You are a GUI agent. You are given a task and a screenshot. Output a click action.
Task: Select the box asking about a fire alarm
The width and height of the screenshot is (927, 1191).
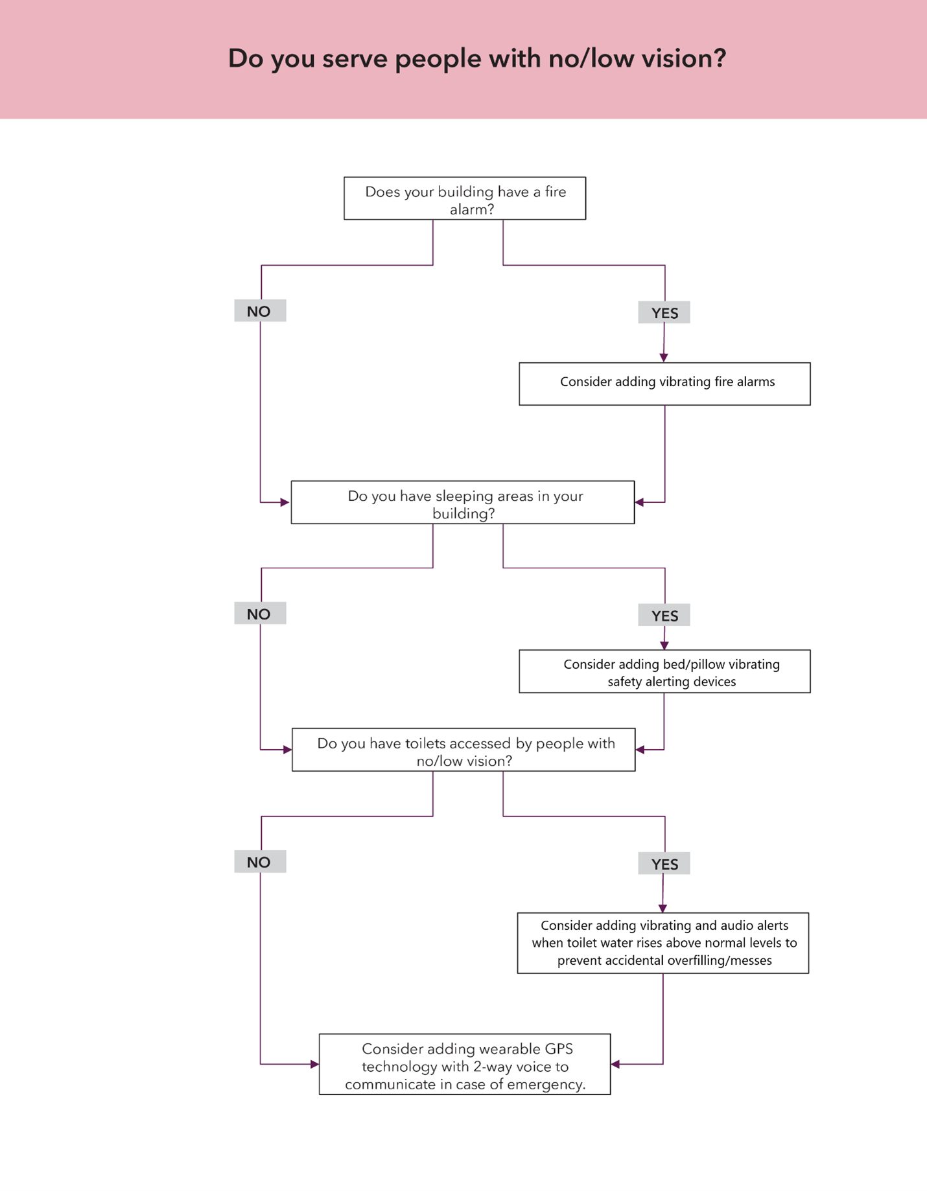point(464,198)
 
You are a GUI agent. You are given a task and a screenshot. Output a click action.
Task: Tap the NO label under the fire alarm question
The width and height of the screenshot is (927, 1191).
point(259,311)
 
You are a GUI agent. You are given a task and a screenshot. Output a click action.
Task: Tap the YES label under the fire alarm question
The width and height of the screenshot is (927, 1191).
point(664,313)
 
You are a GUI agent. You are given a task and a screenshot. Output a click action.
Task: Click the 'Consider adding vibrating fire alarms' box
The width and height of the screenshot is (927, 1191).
point(664,384)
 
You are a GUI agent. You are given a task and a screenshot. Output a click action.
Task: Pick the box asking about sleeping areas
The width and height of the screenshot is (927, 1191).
point(462,502)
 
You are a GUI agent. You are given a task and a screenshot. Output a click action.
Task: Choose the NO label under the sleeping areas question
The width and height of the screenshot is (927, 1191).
point(259,614)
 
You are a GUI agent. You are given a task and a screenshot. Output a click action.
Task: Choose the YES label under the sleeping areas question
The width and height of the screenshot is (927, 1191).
point(664,616)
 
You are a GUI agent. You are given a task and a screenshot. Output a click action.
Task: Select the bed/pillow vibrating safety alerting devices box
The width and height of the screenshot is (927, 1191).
point(664,671)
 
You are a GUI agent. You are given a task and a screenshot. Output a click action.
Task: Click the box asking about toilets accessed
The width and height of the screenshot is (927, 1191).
point(463,750)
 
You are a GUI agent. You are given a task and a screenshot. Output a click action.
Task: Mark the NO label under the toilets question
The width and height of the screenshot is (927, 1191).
point(259,862)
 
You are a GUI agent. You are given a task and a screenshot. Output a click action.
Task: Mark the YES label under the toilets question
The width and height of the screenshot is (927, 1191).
point(664,864)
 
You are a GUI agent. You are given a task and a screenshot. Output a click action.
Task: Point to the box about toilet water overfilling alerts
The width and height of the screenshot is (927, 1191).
point(663,943)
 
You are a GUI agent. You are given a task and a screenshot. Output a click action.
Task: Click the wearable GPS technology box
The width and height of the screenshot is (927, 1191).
point(464,1064)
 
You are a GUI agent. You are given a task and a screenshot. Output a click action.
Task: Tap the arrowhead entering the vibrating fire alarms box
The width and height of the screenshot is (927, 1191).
point(663,358)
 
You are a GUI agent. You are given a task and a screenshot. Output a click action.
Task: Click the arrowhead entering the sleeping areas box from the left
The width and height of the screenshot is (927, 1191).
point(285,502)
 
